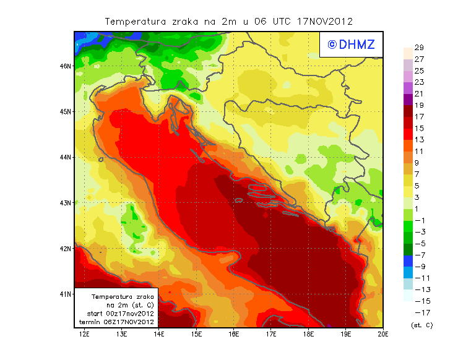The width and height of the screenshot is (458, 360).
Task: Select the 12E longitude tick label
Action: pyautogui.click(x=85, y=335)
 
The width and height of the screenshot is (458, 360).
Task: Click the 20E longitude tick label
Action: pyautogui.click(x=383, y=335)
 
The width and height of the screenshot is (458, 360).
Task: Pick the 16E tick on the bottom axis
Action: pyautogui.click(x=234, y=335)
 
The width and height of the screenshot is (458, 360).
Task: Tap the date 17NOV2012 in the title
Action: pyautogui.click(x=324, y=21)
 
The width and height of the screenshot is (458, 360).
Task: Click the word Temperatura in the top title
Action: pyautogui.click(x=135, y=21)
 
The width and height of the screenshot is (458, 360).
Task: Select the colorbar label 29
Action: pyautogui.click(x=418, y=48)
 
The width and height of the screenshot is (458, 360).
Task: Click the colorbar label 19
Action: pyautogui.click(x=418, y=105)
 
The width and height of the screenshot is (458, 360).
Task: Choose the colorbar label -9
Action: pyautogui.click(x=420, y=267)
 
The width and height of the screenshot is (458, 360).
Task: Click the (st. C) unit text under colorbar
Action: pyautogui.click(x=421, y=325)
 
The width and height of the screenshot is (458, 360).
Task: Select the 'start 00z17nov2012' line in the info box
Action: pyautogui.click(x=117, y=314)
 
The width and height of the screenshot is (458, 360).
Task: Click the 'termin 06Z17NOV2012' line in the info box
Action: pyautogui.click(x=117, y=322)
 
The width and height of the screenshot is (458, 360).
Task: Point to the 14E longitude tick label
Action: pyautogui.click(x=159, y=335)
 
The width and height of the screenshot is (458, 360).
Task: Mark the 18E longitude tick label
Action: pyautogui.click(x=308, y=335)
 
